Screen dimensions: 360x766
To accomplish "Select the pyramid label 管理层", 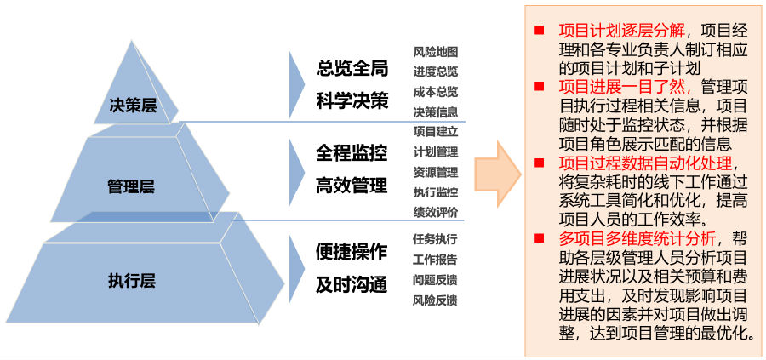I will pyautogui.click(x=131, y=186).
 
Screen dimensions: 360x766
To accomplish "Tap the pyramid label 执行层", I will pyautogui.click(x=132, y=278).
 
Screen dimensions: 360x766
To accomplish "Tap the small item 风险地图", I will pyautogui.click(x=436, y=51).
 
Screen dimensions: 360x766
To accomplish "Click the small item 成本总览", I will pyautogui.click(x=436, y=91).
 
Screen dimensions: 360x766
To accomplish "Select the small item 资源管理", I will pyautogui.click(x=436, y=172).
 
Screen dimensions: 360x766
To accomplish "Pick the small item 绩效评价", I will pyautogui.click(x=436, y=212).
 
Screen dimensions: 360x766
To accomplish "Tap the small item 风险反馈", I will pyautogui.click(x=436, y=300).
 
